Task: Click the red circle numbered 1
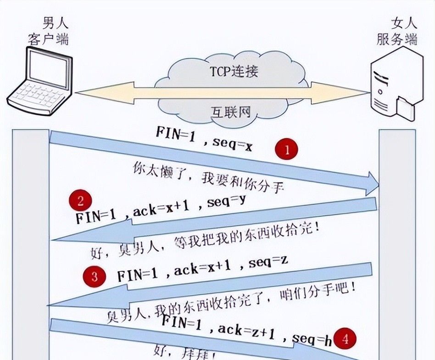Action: point(287,150)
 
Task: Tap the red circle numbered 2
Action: point(80,201)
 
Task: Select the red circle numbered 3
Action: point(95,276)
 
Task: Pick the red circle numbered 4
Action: point(345,339)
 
